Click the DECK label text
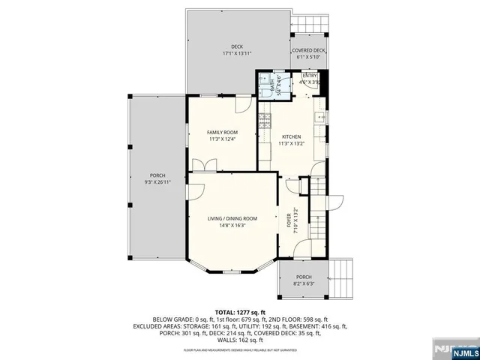coord(237,46)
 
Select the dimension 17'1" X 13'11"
coord(237,54)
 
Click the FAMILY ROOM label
coord(222,132)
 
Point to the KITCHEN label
coord(292,136)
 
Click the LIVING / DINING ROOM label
coord(232,218)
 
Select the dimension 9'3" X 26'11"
coord(157,181)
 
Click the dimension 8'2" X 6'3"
coord(304,283)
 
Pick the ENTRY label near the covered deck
coord(310,76)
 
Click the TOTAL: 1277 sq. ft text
coord(240,311)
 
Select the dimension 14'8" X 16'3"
coord(232,225)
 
